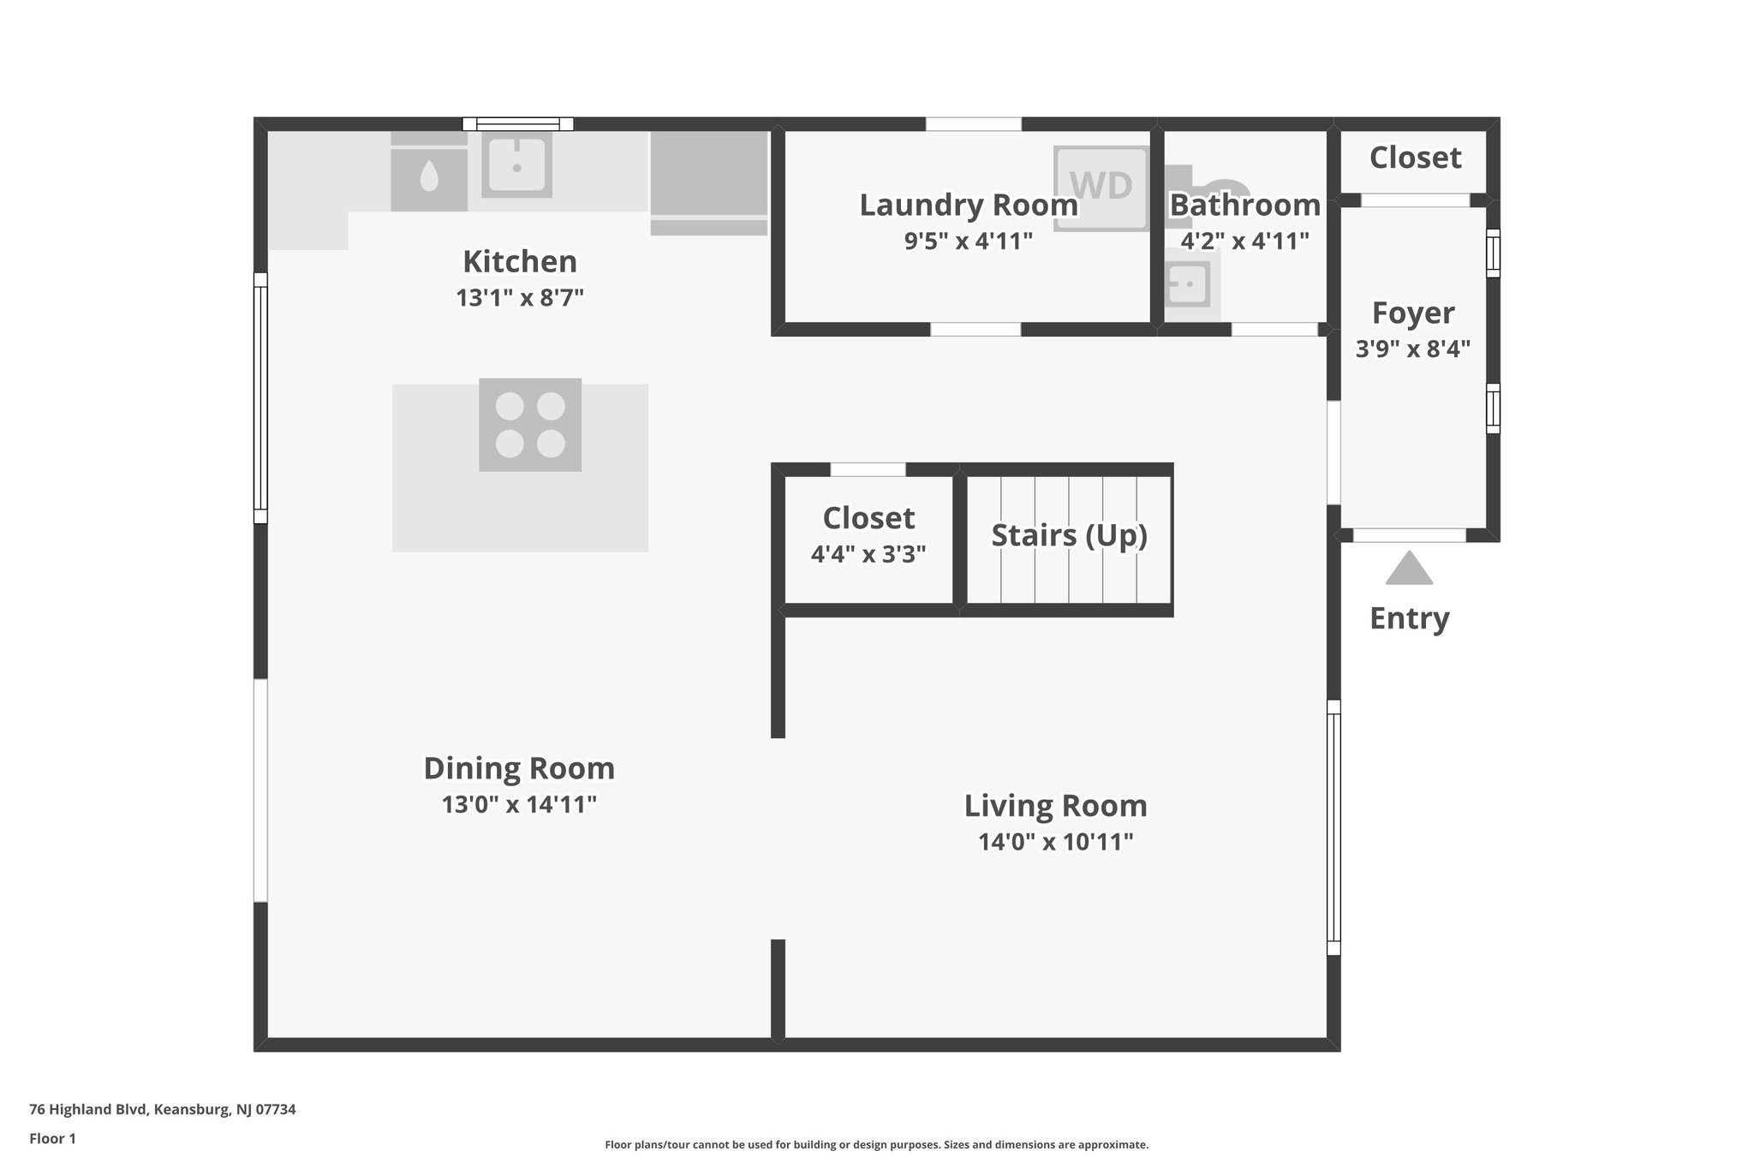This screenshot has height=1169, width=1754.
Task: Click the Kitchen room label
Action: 519,261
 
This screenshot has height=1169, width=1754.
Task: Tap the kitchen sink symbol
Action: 516,164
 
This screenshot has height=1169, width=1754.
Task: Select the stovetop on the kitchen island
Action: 530,425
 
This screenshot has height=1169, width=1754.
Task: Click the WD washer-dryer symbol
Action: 1101,187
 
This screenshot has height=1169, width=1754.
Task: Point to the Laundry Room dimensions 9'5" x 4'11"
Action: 968,242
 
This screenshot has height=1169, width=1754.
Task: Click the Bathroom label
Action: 1244,206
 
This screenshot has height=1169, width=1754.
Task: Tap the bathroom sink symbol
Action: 1188,283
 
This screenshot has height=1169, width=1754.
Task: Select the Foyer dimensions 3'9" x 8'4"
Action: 1412,349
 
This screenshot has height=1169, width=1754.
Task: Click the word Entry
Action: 1409,618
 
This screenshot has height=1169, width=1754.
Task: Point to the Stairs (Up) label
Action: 1069,535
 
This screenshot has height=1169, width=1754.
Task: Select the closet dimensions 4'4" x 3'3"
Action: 868,555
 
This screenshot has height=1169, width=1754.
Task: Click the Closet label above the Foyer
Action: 1415,158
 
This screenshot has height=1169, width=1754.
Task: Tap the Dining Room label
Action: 519,768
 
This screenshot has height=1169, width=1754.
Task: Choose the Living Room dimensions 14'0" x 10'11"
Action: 1055,842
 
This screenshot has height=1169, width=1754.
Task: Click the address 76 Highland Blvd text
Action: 162,1110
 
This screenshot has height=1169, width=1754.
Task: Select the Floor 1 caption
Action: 52,1139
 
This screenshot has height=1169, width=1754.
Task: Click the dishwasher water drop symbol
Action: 429,178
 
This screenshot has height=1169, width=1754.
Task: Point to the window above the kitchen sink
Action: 517,124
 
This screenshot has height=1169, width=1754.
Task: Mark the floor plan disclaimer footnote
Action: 876,1145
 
